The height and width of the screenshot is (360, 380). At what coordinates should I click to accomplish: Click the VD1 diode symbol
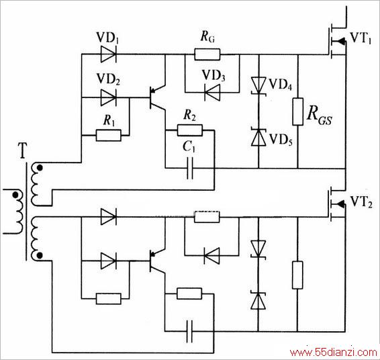point(108,54)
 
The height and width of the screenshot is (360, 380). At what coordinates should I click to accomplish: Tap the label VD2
point(108,79)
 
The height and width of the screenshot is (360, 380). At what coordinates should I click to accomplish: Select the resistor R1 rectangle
point(109,135)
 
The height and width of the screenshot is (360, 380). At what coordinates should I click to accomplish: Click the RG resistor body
point(207,54)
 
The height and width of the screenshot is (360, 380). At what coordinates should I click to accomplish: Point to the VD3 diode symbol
point(212,93)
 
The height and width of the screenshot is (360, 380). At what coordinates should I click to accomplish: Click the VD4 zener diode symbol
point(258,85)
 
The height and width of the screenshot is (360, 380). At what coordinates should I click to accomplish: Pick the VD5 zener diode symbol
point(258,137)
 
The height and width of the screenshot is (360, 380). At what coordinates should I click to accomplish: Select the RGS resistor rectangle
point(298,111)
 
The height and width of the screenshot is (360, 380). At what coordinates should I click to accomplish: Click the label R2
point(189,115)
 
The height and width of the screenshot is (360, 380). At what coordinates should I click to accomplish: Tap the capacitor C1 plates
point(190,168)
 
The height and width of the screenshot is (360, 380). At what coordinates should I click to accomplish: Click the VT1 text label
point(361,38)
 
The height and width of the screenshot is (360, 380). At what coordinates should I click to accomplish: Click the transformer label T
point(23,151)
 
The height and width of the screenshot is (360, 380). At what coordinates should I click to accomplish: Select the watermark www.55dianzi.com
point(334,352)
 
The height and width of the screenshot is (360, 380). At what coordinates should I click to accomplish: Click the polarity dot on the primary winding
point(15,195)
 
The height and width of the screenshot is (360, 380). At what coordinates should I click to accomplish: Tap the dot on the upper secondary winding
point(40,167)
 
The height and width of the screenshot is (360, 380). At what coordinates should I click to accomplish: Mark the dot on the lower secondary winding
point(40,255)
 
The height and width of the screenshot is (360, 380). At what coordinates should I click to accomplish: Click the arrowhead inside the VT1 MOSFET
point(342,41)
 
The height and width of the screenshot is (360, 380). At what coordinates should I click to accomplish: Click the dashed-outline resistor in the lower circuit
point(207,217)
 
